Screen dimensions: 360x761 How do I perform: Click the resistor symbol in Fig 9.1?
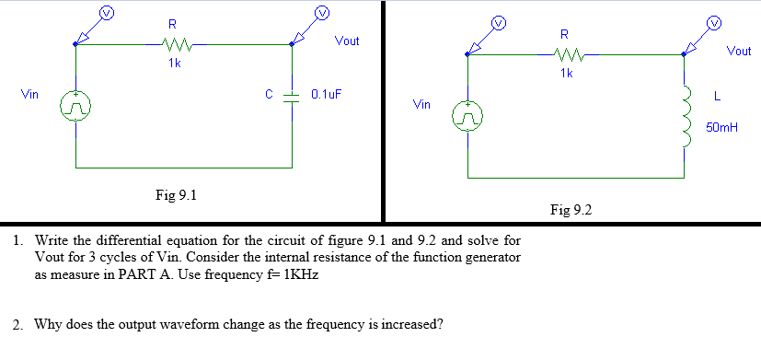pos(174,42)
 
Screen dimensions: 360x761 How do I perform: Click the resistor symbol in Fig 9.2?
pos(565,54)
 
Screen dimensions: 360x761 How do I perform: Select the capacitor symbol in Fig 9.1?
pos(293,95)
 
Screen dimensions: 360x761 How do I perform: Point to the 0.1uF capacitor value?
pos(327,94)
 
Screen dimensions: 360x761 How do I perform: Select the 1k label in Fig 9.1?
pos(174,63)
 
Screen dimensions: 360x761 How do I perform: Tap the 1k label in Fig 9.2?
pos(565,74)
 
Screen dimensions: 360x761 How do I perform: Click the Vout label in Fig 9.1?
pos(347,41)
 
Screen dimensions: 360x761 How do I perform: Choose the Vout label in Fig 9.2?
pos(739,52)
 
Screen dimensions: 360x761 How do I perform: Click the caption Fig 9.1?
pos(176,195)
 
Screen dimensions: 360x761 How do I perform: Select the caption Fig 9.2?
pos(570,210)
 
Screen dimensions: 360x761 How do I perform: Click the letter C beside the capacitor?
pos(269,94)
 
